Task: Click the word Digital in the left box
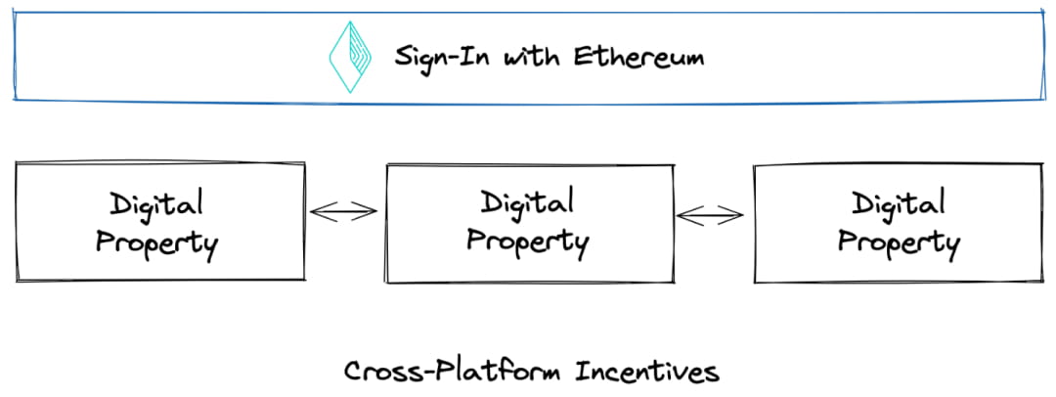point(156,206)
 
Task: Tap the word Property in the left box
point(156,242)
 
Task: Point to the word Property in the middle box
point(527,241)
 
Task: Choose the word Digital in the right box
point(898,206)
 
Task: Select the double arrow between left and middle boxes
point(344,210)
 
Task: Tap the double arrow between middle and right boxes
point(712,215)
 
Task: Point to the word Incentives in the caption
point(646,373)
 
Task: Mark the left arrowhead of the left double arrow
point(316,210)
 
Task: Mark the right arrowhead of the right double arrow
point(740,215)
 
